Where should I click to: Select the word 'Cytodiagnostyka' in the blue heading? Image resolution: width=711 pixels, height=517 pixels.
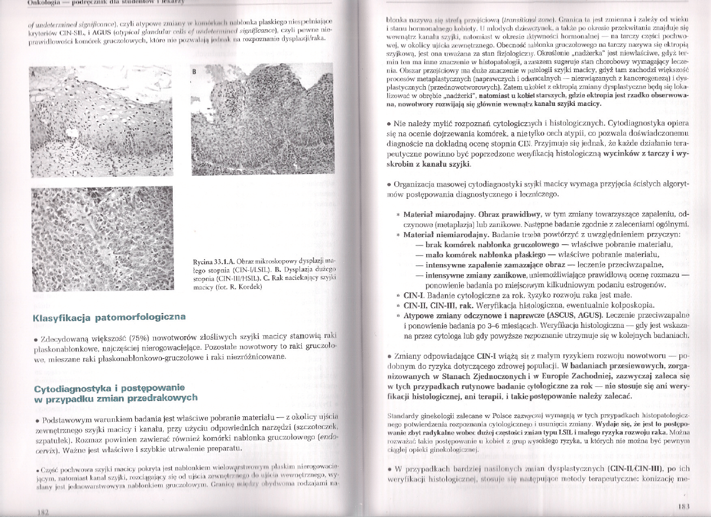(x=67, y=388)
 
